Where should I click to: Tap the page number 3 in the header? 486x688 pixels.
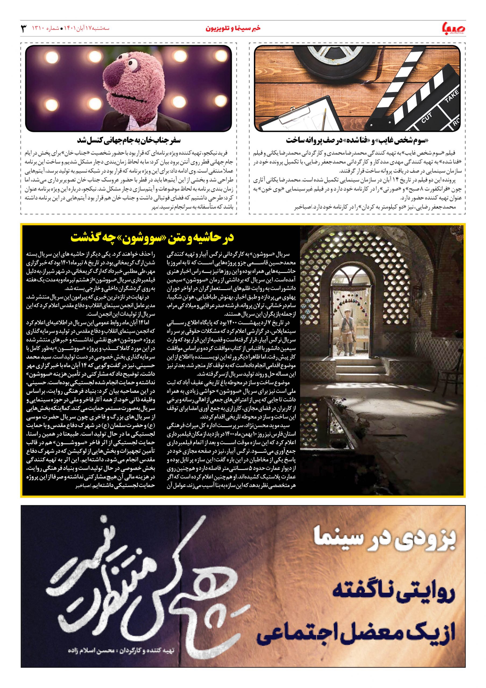coord(24,29)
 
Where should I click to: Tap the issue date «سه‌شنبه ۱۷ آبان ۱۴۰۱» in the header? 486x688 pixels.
coord(85,29)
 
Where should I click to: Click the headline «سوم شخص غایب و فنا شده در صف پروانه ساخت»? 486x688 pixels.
coord(357,140)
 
